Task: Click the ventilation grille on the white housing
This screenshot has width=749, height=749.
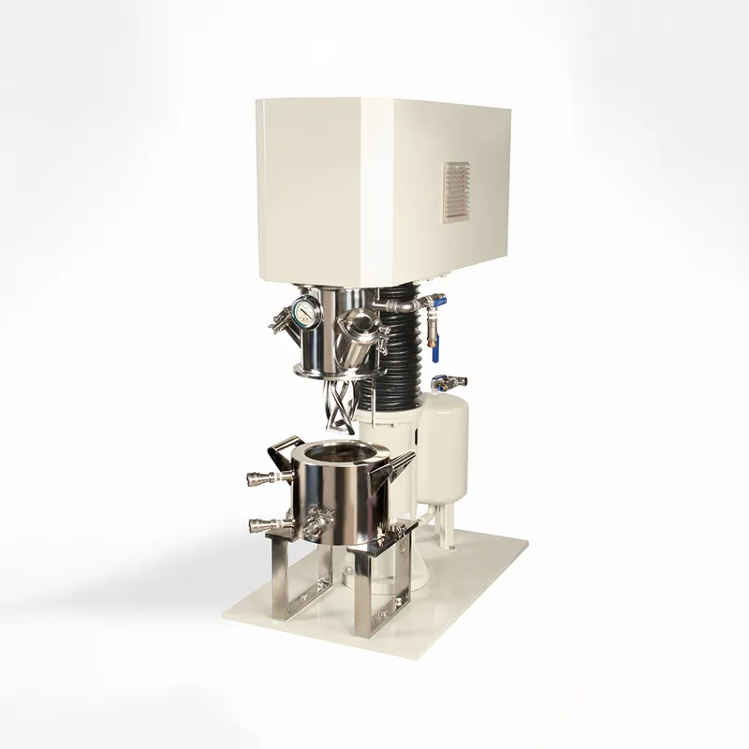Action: click(x=456, y=192)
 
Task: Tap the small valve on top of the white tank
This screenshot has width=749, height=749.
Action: click(x=447, y=382)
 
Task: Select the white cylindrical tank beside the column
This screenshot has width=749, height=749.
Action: click(x=445, y=440)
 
